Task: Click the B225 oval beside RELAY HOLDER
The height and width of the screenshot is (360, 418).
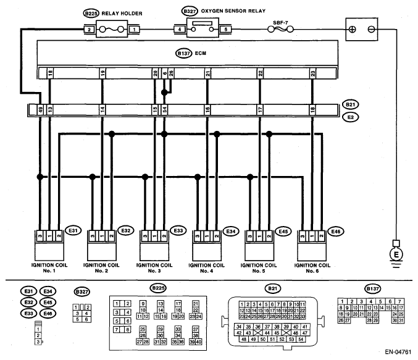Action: pyautogui.click(x=91, y=14)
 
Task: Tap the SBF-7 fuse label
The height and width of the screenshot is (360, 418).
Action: pyautogui.click(x=280, y=23)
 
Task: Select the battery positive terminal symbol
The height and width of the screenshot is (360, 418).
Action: pyautogui.click(x=353, y=30)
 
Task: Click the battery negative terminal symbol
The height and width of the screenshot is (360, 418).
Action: pyautogui.click(x=371, y=30)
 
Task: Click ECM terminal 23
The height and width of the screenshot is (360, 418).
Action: pyautogui.click(x=312, y=73)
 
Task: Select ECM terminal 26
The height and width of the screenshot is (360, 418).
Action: pyautogui.click(x=171, y=73)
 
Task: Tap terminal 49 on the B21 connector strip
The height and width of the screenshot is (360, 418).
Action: pyautogui.click(x=40, y=109)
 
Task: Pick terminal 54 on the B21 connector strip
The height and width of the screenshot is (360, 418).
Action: pyautogui.click(x=165, y=109)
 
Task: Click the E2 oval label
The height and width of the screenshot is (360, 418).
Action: pyautogui.click(x=351, y=117)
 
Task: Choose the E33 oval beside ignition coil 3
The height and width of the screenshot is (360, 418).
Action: pyautogui.click(x=178, y=230)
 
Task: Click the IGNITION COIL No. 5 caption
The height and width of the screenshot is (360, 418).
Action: pyautogui.click(x=259, y=268)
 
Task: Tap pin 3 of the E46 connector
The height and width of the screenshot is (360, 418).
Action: pyautogui.click(x=303, y=236)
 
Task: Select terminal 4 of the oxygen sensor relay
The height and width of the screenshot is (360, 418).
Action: pyautogui.click(x=180, y=30)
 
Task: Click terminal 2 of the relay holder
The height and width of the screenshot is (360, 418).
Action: pyautogui.click(x=90, y=30)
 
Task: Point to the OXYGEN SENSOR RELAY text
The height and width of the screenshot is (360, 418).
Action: pyautogui.click(x=233, y=11)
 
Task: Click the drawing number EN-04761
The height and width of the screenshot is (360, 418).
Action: pyautogui.click(x=398, y=352)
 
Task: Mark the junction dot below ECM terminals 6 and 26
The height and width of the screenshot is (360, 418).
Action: pyautogui.click(x=164, y=93)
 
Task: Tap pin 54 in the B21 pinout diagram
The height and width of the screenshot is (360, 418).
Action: pyautogui.click(x=301, y=339)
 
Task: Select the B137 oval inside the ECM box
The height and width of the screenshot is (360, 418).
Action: pyautogui.click(x=183, y=53)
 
